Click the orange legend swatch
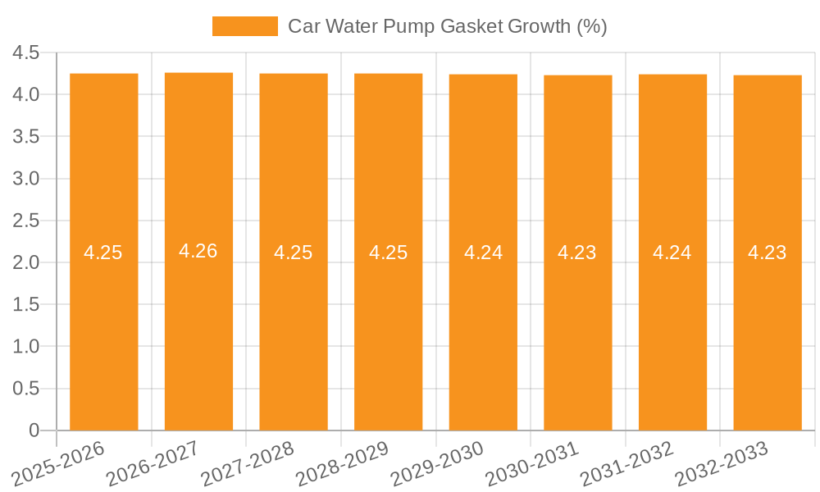click(x=244, y=26)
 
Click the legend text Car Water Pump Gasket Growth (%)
click(x=447, y=26)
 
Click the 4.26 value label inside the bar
click(x=198, y=251)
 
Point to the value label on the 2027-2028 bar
click(x=294, y=253)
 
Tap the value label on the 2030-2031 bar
click(x=577, y=253)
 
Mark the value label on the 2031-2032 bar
click(x=672, y=253)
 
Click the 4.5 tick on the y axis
click(x=26, y=52)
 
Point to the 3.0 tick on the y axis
click(x=26, y=179)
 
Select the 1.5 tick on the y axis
click(x=26, y=304)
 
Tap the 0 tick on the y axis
click(x=34, y=430)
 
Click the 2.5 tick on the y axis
click(x=26, y=221)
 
